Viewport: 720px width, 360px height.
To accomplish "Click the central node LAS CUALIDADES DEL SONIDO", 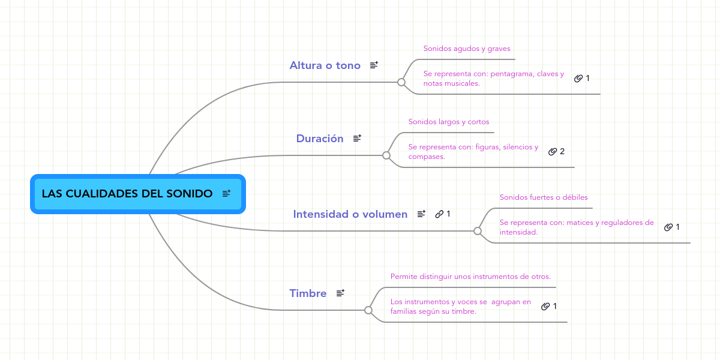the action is click(138, 194).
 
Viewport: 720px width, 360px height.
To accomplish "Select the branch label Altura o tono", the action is click(325, 65).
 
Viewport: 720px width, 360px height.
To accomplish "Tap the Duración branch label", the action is click(320, 139).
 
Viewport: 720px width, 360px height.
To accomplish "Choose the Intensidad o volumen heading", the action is click(350, 214).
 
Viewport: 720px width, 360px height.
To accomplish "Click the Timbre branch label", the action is click(308, 293).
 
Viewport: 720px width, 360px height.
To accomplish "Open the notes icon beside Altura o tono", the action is click(374, 65).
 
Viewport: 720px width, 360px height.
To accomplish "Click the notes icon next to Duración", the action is click(357, 138).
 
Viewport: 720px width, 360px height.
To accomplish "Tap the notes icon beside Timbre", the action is click(340, 293).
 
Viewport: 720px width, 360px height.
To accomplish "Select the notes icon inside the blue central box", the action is click(226, 193).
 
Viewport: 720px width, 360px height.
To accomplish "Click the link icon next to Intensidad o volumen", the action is click(439, 214).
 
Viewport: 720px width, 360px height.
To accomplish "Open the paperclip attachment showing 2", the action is click(553, 151).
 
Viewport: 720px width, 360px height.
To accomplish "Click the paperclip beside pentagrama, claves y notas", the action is click(578, 79).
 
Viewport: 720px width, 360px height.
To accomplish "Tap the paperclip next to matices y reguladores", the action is click(668, 227).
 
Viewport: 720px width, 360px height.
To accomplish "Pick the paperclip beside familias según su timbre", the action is click(545, 307).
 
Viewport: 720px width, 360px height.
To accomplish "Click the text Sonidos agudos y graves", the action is click(467, 49).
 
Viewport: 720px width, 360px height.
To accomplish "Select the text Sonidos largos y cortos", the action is click(449, 122).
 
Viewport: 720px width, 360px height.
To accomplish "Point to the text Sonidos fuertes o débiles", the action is click(544, 197).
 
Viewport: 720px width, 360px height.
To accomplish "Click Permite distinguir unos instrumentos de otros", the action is click(470, 277).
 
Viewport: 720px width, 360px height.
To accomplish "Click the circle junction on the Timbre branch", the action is click(368, 310).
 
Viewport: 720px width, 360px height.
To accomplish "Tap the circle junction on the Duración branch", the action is click(386, 155).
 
